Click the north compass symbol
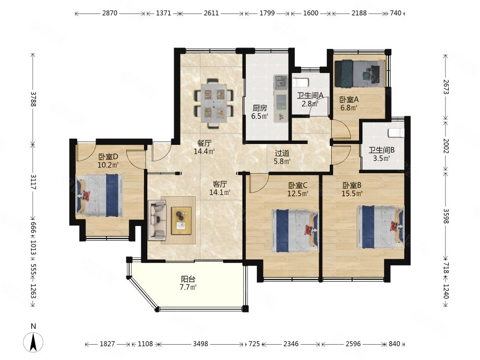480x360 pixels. [x=34, y=342]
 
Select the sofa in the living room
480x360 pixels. [x=157, y=220]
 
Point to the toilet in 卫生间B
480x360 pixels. [x=396, y=133]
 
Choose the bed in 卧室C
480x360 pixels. [x=295, y=230]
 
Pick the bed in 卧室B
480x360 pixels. [x=381, y=227]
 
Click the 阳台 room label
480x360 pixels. [x=188, y=279]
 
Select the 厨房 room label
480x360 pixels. [x=260, y=108]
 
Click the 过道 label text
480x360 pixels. [x=282, y=153]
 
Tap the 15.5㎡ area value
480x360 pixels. [x=352, y=193]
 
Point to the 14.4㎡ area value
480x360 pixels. [x=204, y=151]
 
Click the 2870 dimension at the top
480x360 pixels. [x=109, y=13]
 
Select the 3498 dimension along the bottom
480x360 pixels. [x=201, y=344]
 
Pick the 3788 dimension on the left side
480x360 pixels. [x=33, y=99]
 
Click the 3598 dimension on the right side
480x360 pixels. [x=446, y=216]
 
